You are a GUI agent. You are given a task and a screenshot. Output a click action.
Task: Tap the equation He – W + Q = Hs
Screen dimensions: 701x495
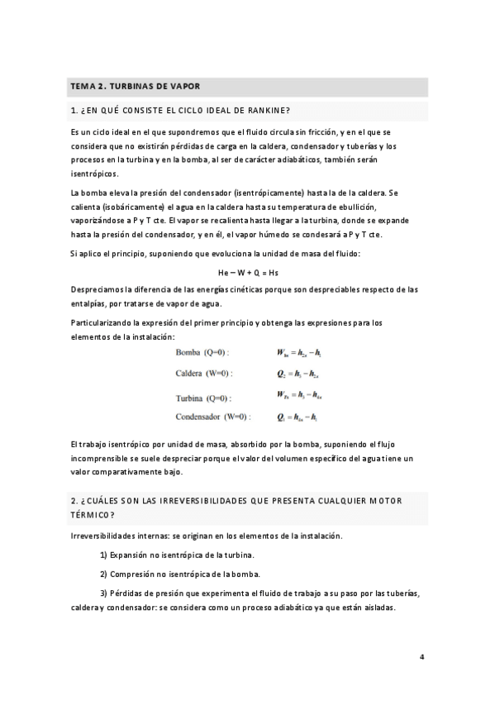(x=247, y=272)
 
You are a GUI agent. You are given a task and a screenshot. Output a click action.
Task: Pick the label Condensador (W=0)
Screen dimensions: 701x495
(x=213, y=416)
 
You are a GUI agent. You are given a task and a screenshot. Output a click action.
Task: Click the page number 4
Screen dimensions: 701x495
(x=421, y=657)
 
